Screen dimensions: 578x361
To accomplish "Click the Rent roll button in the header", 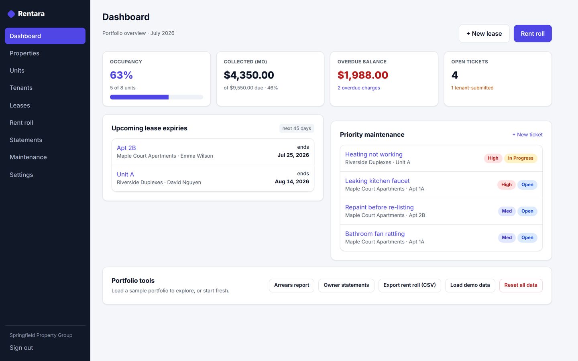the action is (x=533, y=34).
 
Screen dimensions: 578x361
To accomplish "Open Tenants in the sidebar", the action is (x=21, y=88).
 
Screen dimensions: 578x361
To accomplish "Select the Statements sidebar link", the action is (x=26, y=140).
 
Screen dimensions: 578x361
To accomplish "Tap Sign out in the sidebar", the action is (x=21, y=348).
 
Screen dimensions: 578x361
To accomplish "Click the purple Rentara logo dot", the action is (x=11, y=14).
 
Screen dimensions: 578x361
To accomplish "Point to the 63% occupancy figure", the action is (x=121, y=75).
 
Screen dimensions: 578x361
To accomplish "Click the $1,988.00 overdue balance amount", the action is (x=363, y=75).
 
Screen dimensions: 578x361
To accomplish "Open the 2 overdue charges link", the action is (x=359, y=88).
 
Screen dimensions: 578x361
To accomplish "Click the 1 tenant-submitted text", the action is (x=472, y=88).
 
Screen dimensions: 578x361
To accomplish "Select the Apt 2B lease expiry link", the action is (x=126, y=148).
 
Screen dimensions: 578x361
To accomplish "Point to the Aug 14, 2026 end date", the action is (x=292, y=182).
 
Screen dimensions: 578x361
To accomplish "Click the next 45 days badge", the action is (x=297, y=128).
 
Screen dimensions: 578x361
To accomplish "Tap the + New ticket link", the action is (x=527, y=135).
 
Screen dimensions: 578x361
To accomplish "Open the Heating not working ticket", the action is (x=374, y=154).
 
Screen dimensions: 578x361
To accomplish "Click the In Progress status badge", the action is (x=521, y=158).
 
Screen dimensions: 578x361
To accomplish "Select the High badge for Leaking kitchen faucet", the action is (x=506, y=185).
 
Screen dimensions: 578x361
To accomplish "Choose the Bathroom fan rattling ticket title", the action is (x=374, y=233).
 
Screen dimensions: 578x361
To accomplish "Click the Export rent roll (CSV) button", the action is (x=409, y=285).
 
